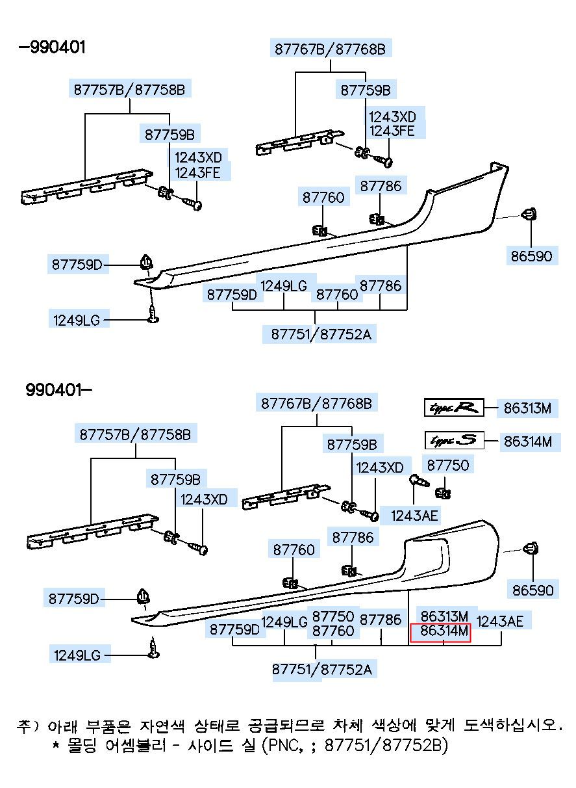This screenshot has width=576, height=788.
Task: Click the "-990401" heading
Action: tap(52, 47)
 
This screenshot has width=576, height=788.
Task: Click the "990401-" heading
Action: tap(58, 390)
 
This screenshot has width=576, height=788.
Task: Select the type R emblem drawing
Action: tap(454, 408)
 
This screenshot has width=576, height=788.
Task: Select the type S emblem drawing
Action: tap(454, 440)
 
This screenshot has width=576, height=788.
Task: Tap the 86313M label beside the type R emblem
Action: tap(527, 408)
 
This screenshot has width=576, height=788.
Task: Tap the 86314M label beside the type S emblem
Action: tap(528, 441)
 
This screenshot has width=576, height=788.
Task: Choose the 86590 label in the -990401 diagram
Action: tap(531, 256)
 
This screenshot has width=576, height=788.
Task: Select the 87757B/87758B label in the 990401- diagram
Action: tap(135, 434)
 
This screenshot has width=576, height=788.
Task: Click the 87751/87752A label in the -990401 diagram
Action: tap(321, 334)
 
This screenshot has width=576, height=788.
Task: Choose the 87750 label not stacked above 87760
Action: tap(447, 465)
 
